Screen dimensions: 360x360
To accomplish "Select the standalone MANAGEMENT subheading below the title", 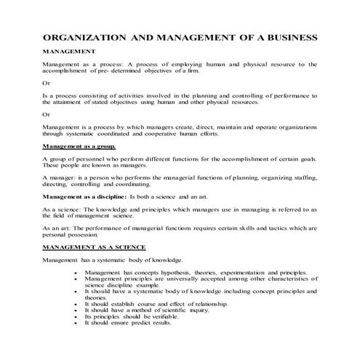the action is (69, 52).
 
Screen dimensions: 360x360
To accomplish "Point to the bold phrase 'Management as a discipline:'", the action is (84, 196).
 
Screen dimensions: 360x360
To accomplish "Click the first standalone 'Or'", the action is (47, 84).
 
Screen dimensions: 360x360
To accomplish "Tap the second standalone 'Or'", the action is (47, 115).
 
